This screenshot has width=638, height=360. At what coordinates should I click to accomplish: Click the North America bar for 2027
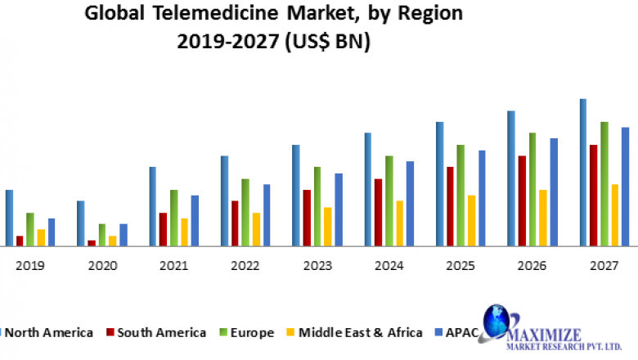click(x=583, y=172)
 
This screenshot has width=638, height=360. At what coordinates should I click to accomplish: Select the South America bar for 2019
click(x=20, y=241)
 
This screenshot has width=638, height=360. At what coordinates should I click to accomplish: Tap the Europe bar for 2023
click(x=317, y=205)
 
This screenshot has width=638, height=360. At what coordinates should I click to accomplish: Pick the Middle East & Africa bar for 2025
click(x=471, y=220)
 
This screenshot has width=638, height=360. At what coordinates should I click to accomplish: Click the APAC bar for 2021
click(x=195, y=220)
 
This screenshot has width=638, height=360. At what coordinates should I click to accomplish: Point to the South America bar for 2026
click(x=522, y=200)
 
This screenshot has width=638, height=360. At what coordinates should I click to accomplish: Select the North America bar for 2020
click(x=81, y=223)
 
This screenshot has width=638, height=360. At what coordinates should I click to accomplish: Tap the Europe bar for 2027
click(x=604, y=183)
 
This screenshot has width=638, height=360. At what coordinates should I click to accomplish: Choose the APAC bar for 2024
click(x=410, y=203)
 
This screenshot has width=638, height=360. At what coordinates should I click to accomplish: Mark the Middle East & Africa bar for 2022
click(x=256, y=229)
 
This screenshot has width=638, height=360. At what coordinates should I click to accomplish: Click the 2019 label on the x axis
click(x=30, y=266)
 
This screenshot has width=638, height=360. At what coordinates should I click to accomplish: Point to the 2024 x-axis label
click(x=389, y=266)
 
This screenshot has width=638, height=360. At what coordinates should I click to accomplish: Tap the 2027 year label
click(x=604, y=266)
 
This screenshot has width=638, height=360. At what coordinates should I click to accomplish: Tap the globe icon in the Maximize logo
click(x=496, y=323)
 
